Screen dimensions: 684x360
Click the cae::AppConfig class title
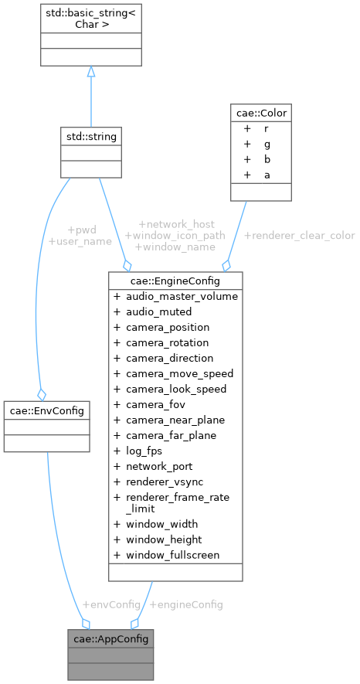[110, 638]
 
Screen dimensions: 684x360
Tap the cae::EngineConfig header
[176, 280]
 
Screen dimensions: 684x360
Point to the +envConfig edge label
[111, 604]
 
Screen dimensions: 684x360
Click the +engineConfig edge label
[185, 604]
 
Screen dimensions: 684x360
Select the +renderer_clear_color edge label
[299, 235]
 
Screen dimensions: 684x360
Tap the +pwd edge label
[81, 230]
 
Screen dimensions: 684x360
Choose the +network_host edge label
[176, 223]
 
